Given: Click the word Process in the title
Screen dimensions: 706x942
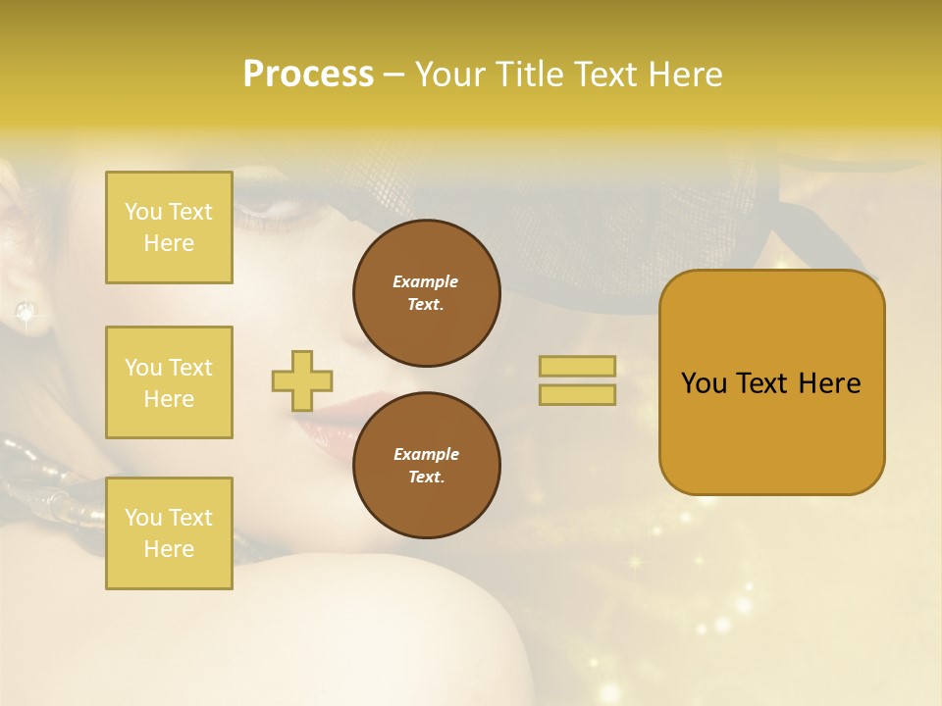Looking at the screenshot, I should pos(308,75).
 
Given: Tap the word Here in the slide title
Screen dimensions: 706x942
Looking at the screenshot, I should pos(683,75).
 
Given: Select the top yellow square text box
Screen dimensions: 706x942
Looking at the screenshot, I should pos(169,227).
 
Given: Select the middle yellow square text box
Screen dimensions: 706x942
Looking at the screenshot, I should pos(169,382).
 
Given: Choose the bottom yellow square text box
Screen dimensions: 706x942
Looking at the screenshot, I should pos(169,532).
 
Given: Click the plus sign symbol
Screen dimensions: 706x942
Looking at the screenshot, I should pos(302,380).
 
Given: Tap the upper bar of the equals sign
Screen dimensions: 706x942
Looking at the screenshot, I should pos(577,366).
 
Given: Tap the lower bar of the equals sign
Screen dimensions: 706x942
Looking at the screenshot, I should pos(577,394).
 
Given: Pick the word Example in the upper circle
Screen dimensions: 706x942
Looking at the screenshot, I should pos(425,281).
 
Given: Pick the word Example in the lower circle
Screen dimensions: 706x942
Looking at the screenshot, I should pos(426,454).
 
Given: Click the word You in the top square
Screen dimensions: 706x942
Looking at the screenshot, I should pos(143,212).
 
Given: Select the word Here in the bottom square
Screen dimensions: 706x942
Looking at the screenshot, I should pos(169,549).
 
